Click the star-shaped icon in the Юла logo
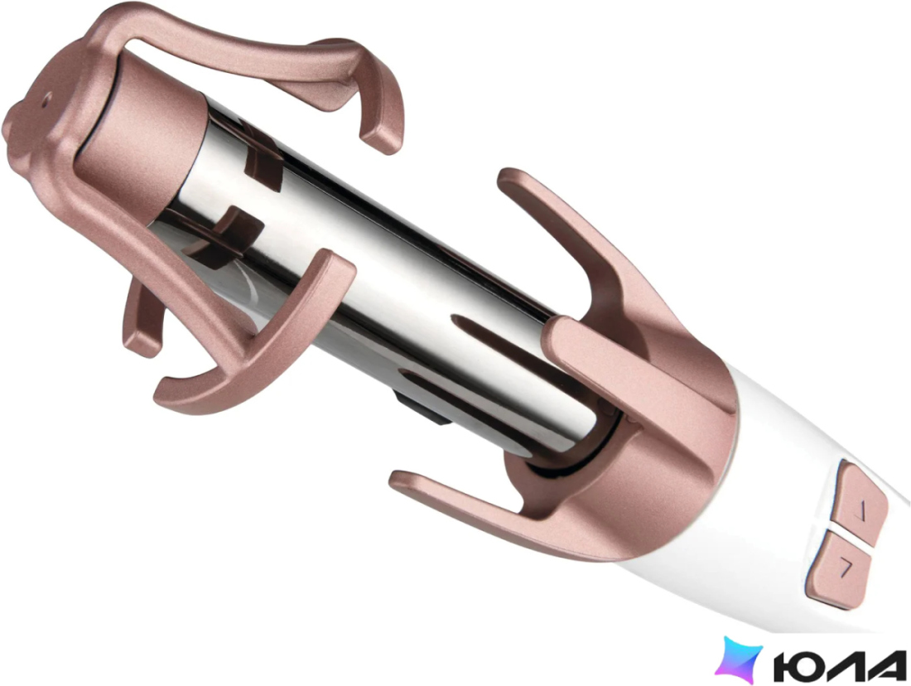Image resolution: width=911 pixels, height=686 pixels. [x=738, y=659]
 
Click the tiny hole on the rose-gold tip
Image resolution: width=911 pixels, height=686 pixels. [x=46, y=98]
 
